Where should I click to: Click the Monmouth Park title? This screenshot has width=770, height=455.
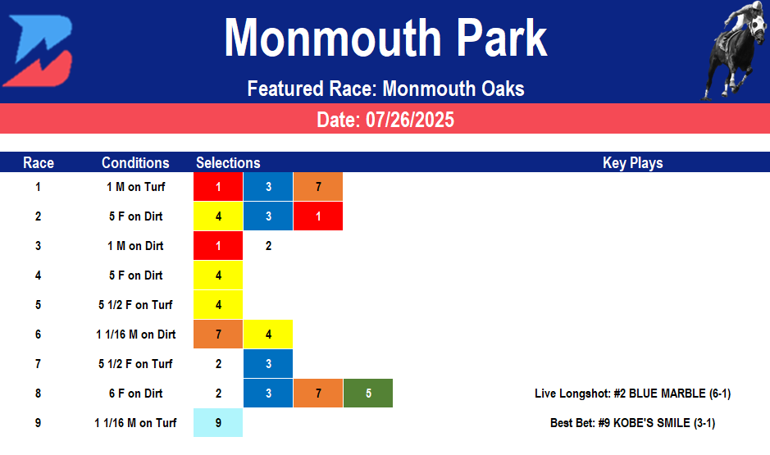(x=385, y=38)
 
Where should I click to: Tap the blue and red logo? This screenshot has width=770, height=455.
(x=38, y=51)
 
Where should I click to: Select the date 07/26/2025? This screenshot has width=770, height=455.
(x=385, y=120)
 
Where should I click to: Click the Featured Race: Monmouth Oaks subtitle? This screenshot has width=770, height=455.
(x=385, y=89)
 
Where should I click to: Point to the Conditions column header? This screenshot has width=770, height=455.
(x=135, y=162)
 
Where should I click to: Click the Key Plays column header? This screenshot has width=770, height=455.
(x=632, y=162)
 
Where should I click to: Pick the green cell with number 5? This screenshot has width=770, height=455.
(x=368, y=394)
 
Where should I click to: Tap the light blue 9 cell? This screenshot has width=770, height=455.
(x=218, y=423)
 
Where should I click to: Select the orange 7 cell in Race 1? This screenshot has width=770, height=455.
(x=317, y=187)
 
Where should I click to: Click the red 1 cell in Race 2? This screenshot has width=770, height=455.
(x=317, y=216)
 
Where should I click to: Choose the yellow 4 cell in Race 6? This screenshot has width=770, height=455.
(x=268, y=334)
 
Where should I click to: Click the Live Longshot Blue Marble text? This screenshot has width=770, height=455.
(x=632, y=394)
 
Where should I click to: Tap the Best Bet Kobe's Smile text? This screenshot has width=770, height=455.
(x=632, y=423)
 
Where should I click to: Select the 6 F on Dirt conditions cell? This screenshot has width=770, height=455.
(x=135, y=394)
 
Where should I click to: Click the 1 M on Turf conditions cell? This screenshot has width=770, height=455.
(x=135, y=187)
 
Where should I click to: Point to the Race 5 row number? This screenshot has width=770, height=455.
(x=38, y=305)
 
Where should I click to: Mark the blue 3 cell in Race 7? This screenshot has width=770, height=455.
(x=268, y=364)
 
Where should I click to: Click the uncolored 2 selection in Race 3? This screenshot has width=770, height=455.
(x=268, y=246)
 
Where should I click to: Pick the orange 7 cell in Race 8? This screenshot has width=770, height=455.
(x=317, y=394)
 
